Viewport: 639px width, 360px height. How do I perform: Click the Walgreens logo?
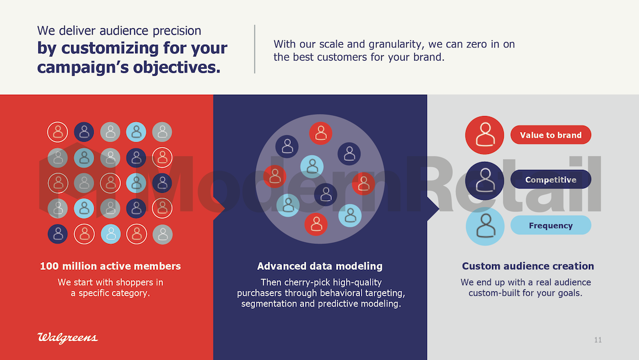tap(67, 338)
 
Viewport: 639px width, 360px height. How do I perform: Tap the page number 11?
tap(598, 340)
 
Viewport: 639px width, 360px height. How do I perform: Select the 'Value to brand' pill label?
tap(551, 135)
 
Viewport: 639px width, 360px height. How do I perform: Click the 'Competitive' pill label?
tap(551, 179)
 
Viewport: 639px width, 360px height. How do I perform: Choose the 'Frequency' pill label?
tap(551, 225)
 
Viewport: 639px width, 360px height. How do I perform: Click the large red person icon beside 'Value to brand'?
tap(485, 135)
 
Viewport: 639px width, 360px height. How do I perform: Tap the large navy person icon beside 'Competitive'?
tap(485, 181)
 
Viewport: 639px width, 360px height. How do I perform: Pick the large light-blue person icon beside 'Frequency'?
tap(485, 226)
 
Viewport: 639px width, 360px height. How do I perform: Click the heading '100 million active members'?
tap(110, 266)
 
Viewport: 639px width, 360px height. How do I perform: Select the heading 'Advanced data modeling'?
tap(320, 266)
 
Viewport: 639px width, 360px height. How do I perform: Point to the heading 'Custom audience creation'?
tap(528, 266)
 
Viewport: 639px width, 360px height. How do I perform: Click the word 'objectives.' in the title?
tap(177, 68)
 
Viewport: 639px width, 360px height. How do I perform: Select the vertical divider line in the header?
tap(255, 49)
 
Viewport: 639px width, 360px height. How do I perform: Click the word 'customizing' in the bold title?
tap(110, 48)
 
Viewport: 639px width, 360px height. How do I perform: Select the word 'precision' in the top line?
tap(177, 31)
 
